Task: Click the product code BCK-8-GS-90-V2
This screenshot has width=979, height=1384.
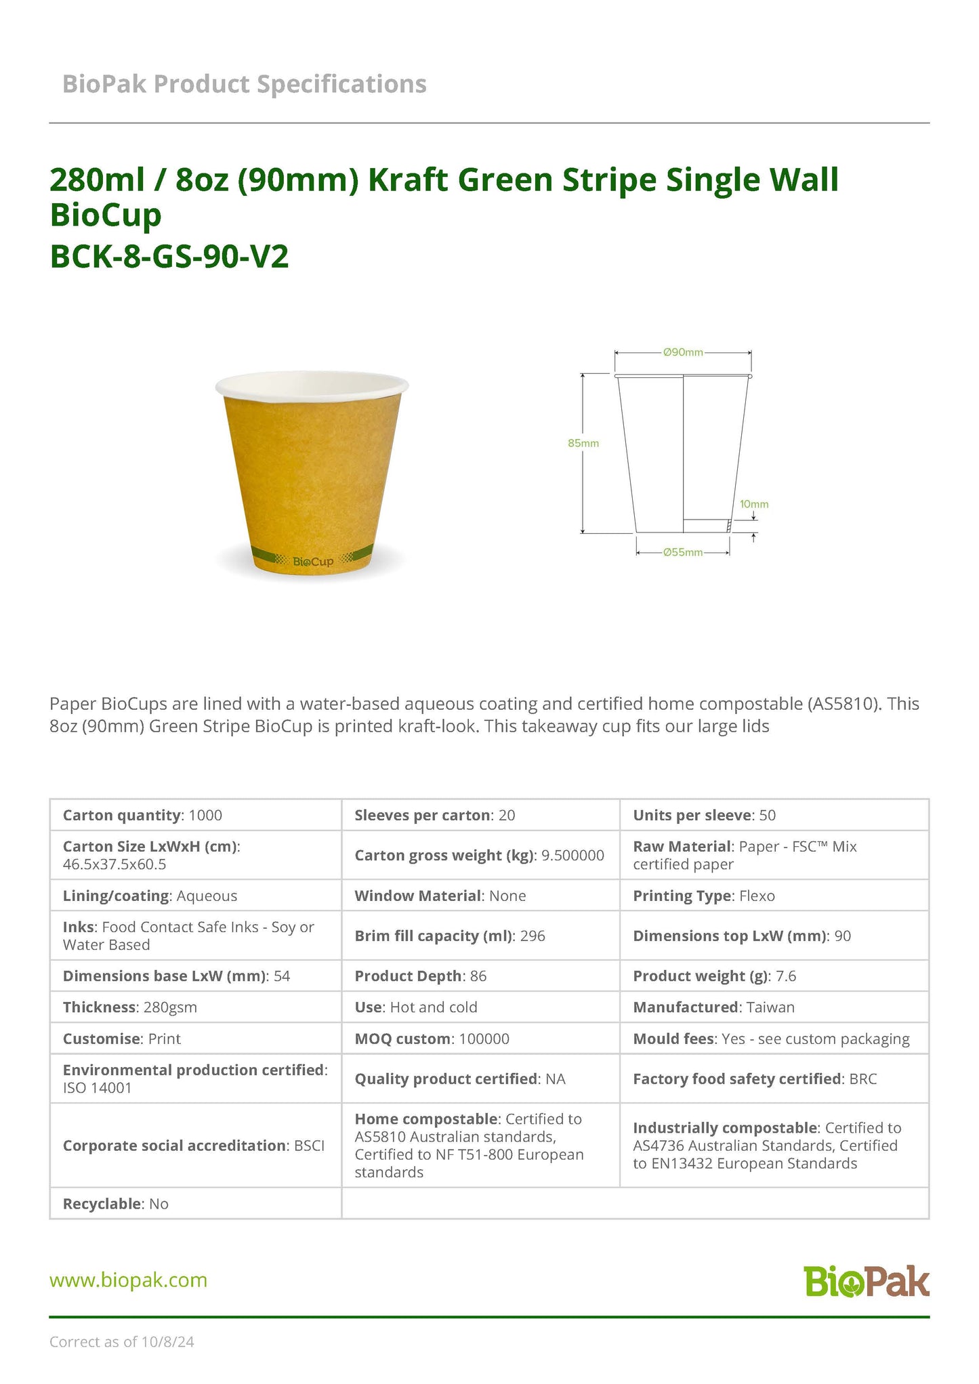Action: [169, 256]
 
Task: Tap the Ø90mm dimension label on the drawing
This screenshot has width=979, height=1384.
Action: [683, 352]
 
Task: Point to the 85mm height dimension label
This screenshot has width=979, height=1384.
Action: [583, 443]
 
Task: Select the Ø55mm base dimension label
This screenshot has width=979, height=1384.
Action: [683, 552]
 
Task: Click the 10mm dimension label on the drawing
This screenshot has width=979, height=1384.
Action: [753, 504]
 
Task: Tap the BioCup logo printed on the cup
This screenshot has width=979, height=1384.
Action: [312, 562]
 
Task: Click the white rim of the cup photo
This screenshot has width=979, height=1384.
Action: [312, 383]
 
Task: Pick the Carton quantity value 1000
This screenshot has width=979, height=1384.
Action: [205, 815]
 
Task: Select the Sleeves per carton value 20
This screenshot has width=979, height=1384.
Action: [507, 815]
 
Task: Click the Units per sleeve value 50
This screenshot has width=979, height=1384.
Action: [767, 815]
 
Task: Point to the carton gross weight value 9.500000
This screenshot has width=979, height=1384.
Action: [572, 855]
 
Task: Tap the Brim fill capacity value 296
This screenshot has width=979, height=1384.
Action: [533, 936]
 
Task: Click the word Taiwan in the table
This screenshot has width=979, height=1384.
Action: [770, 1007]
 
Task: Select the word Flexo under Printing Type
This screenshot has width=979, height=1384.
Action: [757, 896]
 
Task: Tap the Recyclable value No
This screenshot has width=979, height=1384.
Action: [159, 1204]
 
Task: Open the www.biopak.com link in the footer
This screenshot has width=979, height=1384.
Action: [128, 1280]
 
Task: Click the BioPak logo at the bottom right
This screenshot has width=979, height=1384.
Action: [867, 1280]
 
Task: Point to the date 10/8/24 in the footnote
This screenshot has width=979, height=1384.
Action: [167, 1341]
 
